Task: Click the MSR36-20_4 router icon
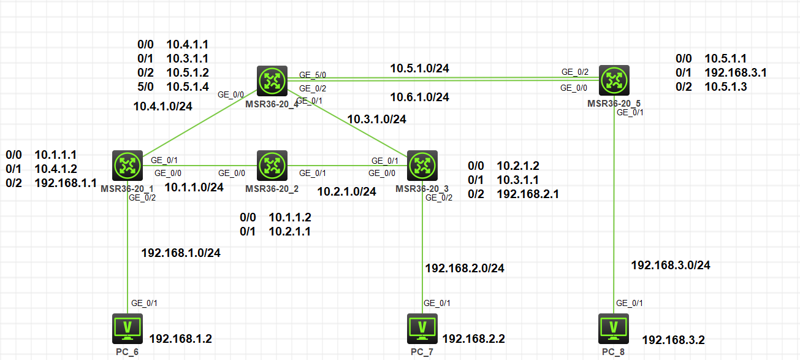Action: (270, 81)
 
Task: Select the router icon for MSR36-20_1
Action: (128, 165)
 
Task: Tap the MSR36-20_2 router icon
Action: (270, 165)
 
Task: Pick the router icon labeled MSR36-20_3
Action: (421, 165)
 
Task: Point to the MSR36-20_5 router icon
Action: (614, 80)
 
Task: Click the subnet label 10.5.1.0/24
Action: (420, 68)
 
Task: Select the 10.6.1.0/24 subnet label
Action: (420, 97)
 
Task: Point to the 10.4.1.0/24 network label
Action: (163, 106)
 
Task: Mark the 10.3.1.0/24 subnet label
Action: (376, 119)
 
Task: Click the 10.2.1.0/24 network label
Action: (346, 192)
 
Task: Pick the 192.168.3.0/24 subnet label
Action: (671, 265)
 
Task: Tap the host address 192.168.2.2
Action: (473, 338)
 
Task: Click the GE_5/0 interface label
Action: (313, 75)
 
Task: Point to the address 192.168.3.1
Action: (736, 72)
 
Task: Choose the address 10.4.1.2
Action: (56, 169)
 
